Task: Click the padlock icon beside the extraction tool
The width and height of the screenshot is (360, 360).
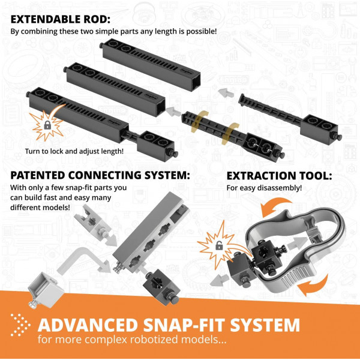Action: [x=219, y=245]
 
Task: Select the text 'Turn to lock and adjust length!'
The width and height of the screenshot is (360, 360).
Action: [x=74, y=151]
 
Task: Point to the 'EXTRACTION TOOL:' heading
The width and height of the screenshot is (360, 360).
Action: [x=278, y=176]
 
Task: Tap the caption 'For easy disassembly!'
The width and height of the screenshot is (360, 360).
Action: [x=263, y=188]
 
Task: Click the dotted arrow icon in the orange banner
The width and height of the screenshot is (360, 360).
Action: [x=20, y=325]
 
